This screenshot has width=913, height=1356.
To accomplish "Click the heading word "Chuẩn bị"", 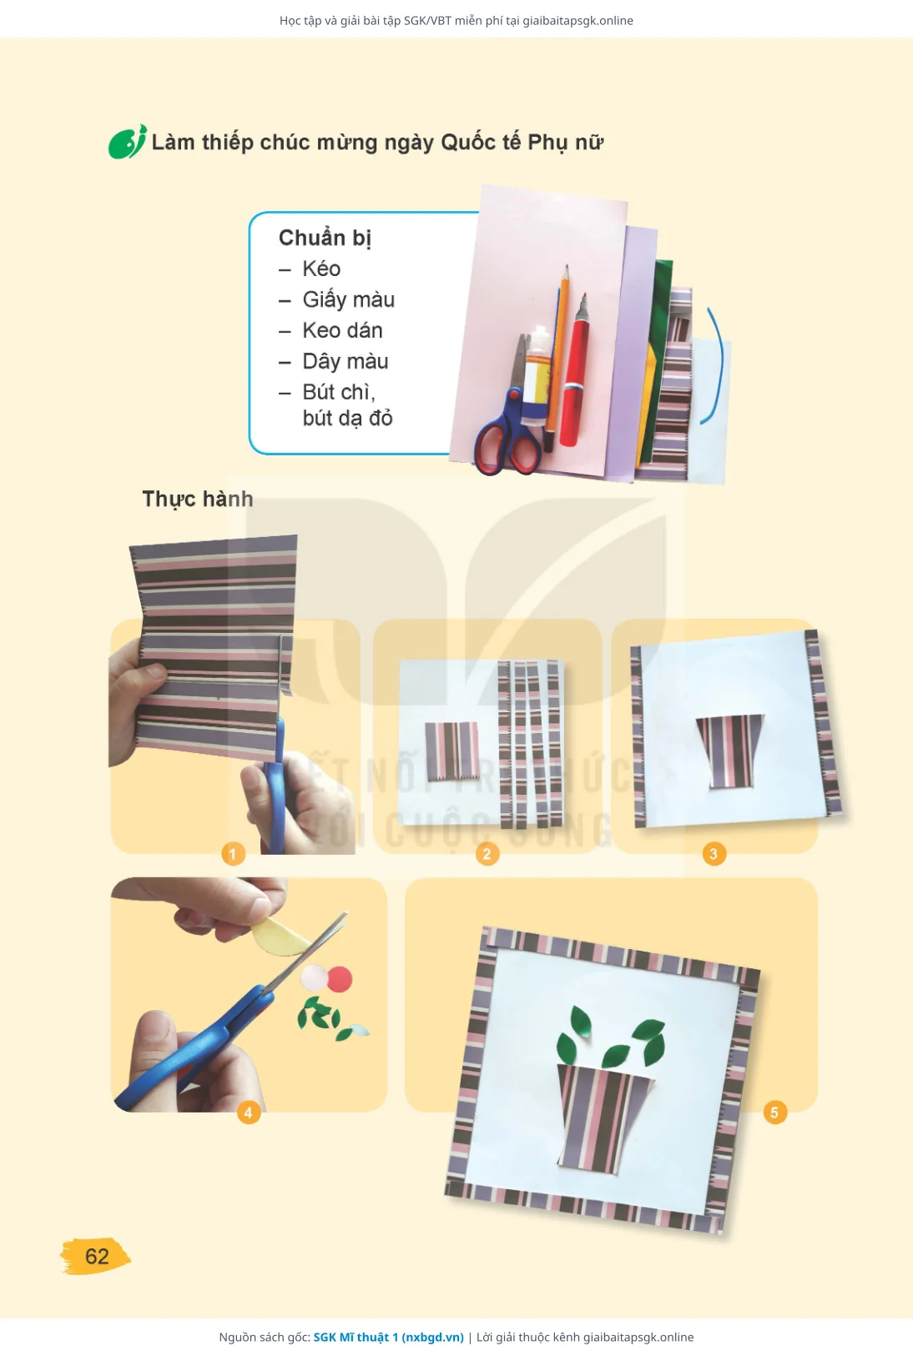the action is click(x=325, y=238).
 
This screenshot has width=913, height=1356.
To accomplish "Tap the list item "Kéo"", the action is click(x=321, y=269).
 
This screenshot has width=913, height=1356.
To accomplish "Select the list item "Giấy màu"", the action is click(x=348, y=299).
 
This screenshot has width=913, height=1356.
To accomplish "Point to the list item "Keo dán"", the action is click(x=342, y=330).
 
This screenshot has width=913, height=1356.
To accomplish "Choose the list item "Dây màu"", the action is click(x=346, y=361).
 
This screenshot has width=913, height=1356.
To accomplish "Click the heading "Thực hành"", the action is click(x=198, y=499).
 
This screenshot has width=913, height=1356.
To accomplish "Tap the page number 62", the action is click(x=96, y=1256).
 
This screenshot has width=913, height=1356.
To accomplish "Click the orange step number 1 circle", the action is click(x=233, y=854).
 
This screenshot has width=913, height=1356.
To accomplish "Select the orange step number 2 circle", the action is click(x=487, y=854).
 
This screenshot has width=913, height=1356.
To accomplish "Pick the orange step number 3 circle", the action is click(x=714, y=854).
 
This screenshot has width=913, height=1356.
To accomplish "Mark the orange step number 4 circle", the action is click(x=249, y=1112).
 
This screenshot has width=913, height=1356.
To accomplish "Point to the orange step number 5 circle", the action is click(x=774, y=1112).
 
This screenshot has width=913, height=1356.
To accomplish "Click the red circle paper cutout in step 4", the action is click(x=340, y=979).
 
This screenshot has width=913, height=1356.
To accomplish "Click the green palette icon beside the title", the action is click(x=127, y=143).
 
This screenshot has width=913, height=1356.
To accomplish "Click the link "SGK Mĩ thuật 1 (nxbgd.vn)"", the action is click(x=388, y=1337).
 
